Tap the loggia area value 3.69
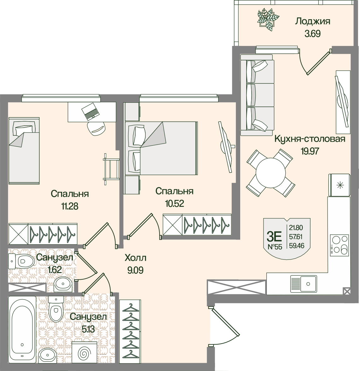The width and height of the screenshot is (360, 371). [312, 33]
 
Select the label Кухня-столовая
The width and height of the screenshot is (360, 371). [310, 139]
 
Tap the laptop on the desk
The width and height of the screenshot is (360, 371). [90, 111]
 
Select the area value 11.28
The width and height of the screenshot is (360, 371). [70, 206]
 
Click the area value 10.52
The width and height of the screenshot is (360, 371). [174, 203]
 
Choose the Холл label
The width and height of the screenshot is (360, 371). [136, 258]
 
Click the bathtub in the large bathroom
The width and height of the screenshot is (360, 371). [22, 329]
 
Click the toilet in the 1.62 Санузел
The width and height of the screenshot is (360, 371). [22, 261]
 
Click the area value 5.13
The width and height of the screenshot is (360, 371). [89, 329]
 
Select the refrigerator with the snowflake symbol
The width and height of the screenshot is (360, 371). [339, 185]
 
